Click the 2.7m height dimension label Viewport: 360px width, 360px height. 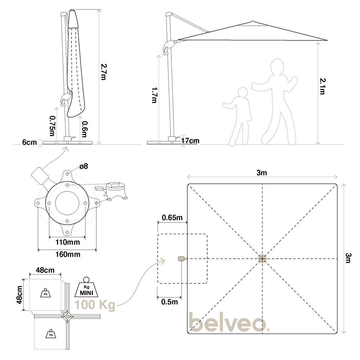coord(104,72)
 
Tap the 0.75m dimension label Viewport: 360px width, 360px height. coord(53,126)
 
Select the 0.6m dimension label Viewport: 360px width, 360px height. coord(84,129)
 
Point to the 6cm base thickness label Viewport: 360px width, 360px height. coord(30,142)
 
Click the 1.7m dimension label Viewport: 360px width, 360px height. coord(154,95)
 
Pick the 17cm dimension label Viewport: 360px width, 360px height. coord(190,141)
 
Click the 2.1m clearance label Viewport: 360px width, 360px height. coord(323,86)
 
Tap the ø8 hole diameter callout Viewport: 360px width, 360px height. coord(84,166)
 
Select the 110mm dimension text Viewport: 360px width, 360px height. coord(68,242)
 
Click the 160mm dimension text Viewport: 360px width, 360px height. coord(68,255)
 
